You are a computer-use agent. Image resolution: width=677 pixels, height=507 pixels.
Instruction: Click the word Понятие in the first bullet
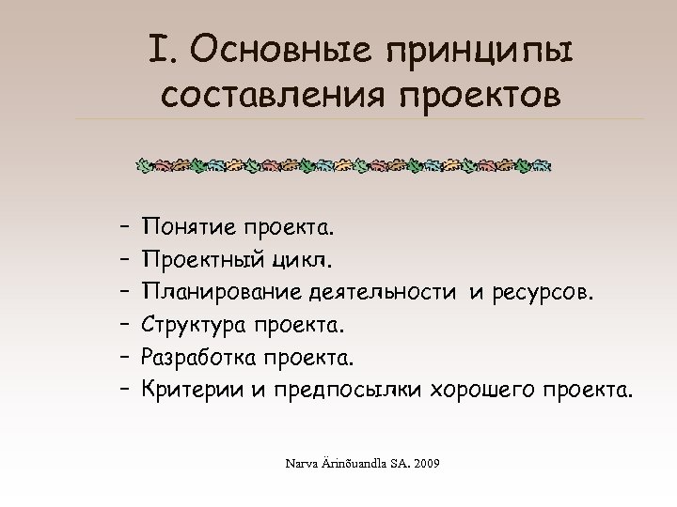pos(187,227)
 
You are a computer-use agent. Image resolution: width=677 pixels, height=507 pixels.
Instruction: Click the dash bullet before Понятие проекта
pos(124,227)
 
